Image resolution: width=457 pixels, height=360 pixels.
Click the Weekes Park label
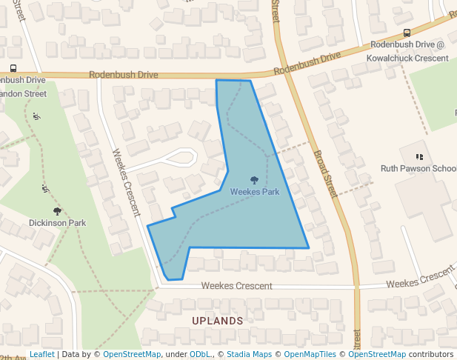coord(254,192)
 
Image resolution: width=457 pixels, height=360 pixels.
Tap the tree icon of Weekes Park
coord(254,180)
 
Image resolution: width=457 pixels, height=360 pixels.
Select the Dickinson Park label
coord(57,222)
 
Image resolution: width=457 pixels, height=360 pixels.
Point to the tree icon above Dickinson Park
coord(57,212)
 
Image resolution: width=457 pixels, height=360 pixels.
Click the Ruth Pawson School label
coord(418,169)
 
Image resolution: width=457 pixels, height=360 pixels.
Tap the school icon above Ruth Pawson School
coord(420,157)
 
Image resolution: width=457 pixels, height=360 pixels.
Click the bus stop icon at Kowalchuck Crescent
coord(407,33)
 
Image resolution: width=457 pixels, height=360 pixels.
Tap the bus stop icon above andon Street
coord(13,68)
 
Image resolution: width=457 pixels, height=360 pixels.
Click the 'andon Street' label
coord(24,94)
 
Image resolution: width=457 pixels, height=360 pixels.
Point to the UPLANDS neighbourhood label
coord(217,321)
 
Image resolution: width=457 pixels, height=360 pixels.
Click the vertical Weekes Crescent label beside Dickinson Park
coord(125,182)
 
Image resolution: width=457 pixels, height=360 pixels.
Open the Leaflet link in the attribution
coord(41,354)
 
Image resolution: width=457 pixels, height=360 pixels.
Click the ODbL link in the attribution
coord(199,354)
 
